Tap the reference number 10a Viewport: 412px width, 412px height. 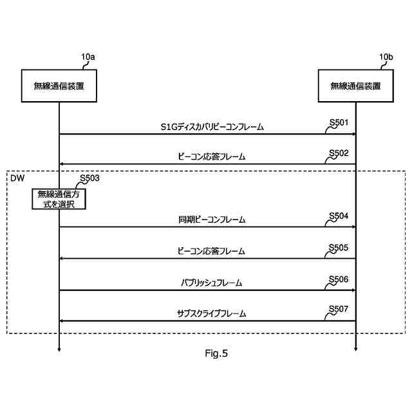[x=88, y=57]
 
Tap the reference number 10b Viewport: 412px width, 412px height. [x=386, y=57]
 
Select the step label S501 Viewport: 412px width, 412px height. [x=339, y=122]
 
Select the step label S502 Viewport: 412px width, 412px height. [x=339, y=153]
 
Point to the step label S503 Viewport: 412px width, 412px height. [x=90, y=178]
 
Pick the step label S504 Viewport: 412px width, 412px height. [x=339, y=215]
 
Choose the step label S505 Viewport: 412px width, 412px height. [x=339, y=247]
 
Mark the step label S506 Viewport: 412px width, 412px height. [x=339, y=278]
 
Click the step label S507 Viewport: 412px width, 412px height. [x=339, y=309]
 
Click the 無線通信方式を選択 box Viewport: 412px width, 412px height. [x=59, y=199]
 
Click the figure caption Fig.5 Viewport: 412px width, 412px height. [x=216, y=353]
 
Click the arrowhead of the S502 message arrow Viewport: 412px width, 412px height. [x=62, y=165]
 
